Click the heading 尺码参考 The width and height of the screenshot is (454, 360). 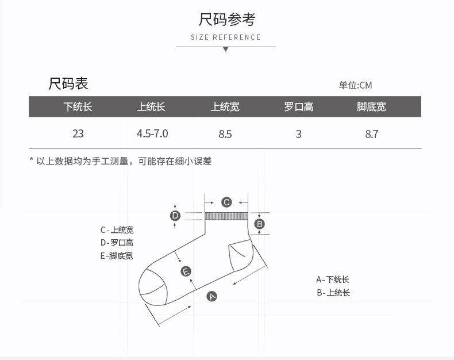coord(226,19)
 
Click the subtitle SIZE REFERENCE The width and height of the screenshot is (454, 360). coord(226,37)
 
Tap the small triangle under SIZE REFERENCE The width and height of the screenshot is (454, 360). coord(226,49)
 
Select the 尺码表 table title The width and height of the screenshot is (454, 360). coord(68,83)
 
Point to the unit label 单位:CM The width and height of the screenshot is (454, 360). coord(355,85)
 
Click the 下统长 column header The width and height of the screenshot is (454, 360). coord(78,106)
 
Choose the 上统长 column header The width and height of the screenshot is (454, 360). coord(151,106)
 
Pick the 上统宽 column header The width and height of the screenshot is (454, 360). coord(225,106)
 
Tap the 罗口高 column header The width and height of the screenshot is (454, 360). coord(298,106)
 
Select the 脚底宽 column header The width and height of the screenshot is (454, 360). coord(371,106)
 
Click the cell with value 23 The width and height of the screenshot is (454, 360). coord(78,133)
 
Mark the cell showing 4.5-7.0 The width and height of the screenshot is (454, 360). coord(152,133)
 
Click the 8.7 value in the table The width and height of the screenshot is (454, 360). coord(372,134)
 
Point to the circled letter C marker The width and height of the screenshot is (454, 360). coord(226,202)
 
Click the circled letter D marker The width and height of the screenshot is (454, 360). coord(175,216)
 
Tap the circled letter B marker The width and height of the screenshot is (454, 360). coord(259,224)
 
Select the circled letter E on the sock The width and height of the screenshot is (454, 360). coord(186,271)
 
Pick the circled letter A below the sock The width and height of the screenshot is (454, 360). coord(212,296)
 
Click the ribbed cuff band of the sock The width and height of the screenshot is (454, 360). coord(226,216)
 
